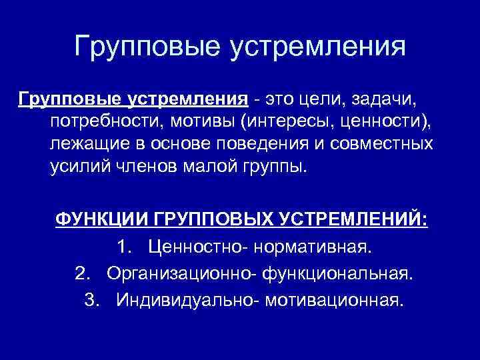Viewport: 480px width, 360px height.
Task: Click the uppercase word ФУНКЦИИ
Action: pos(101,221)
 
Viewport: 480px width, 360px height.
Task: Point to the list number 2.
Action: pos(83,273)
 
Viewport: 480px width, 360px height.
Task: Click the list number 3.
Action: pos(93,299)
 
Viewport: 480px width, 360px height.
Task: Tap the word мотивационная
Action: pos(334,299)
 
